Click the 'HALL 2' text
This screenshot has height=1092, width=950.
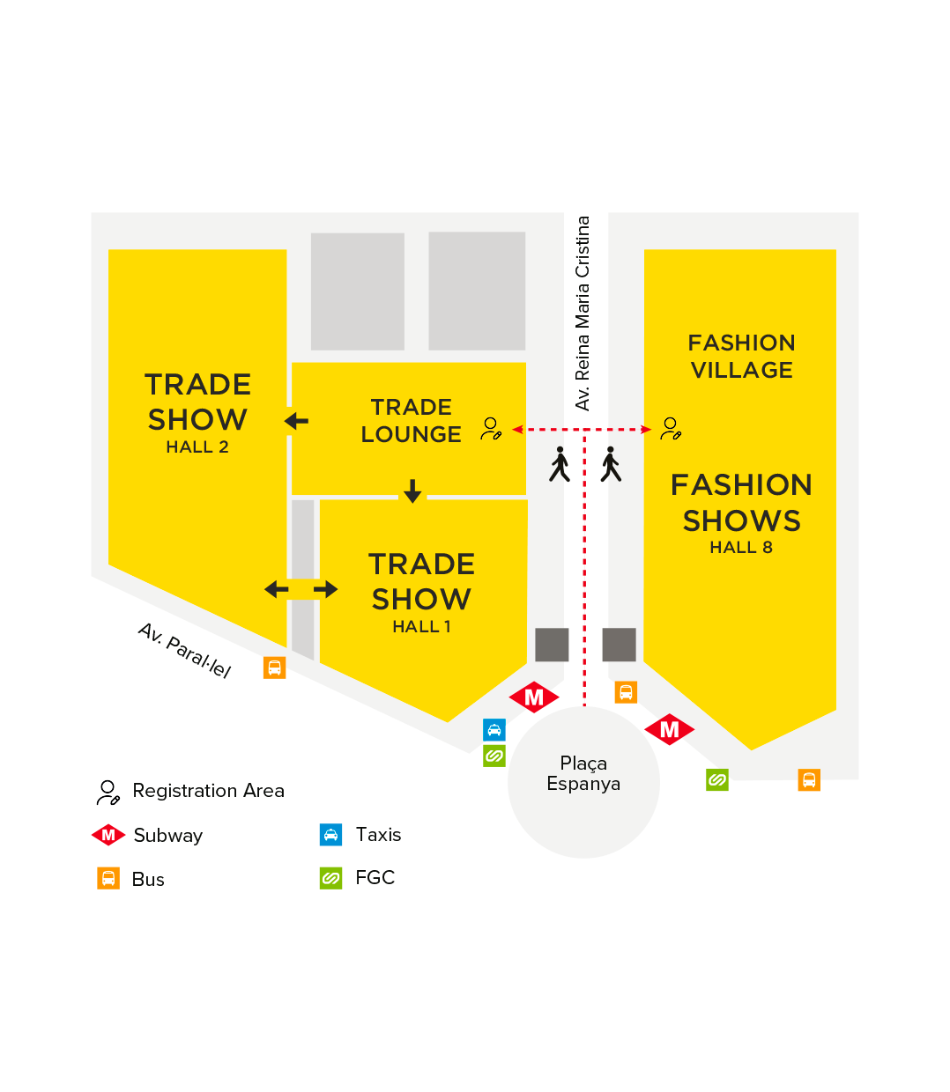click(197, 447)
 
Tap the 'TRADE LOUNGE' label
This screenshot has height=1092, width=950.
click(412, 421)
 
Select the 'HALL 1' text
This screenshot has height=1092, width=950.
click(421, 627)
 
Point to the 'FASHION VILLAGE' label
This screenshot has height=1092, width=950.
click(742, 356)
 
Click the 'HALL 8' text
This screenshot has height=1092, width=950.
click(741, 548)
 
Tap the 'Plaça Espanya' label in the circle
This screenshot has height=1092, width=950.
click(583, 773)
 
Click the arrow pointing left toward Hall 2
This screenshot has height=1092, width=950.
click(297, 422)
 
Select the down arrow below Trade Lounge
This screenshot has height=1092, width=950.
click(412, 491)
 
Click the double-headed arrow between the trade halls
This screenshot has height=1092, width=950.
click(301, 589)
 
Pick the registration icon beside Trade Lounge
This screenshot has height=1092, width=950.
click(491, 429)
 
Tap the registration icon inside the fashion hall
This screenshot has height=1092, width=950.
click(671, 429)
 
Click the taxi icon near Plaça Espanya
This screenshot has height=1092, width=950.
click(494, 730)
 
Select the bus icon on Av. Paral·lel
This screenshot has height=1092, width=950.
click(274, 668)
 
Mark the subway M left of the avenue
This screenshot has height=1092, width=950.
click(534, 697)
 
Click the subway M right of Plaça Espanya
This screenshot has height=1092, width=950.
click(670, 729)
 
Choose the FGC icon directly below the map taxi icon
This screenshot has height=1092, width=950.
click(494, 756)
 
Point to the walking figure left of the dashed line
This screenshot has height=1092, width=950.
click(560, 464)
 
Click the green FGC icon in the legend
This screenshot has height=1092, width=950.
click(330, 878)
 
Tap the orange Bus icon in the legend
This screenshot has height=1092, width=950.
click(108, 878)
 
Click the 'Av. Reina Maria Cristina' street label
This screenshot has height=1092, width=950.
click(583, 313)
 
